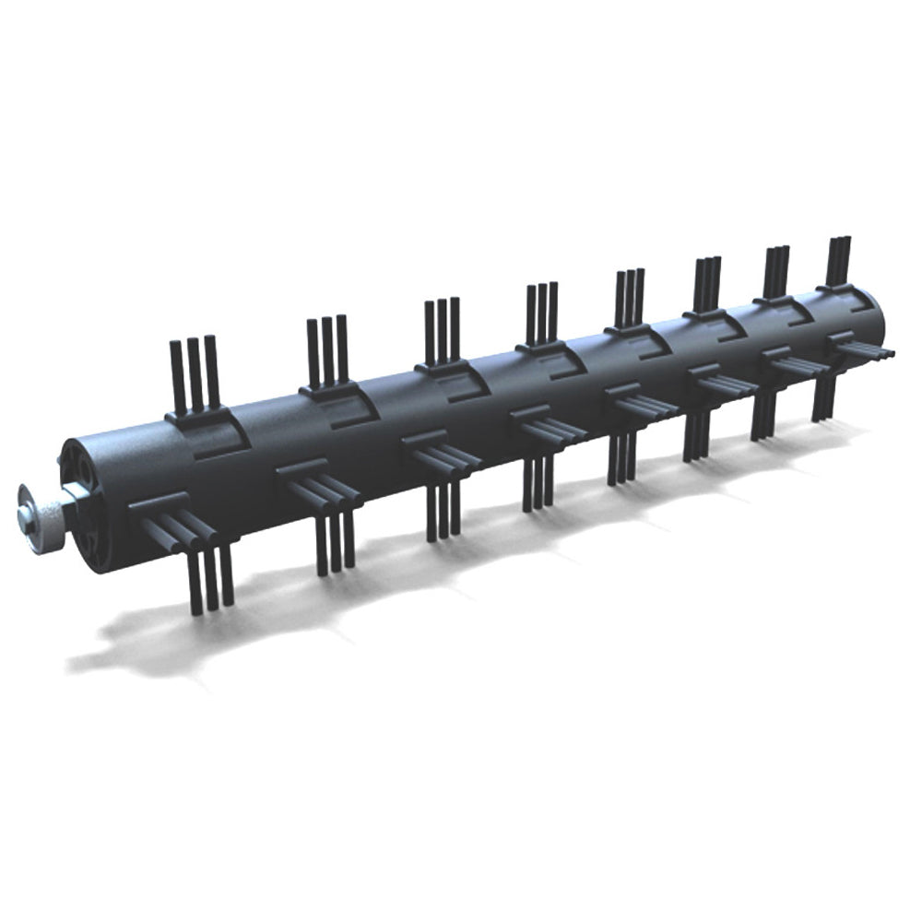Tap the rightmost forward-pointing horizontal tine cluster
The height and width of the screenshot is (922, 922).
pos(867,349)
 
